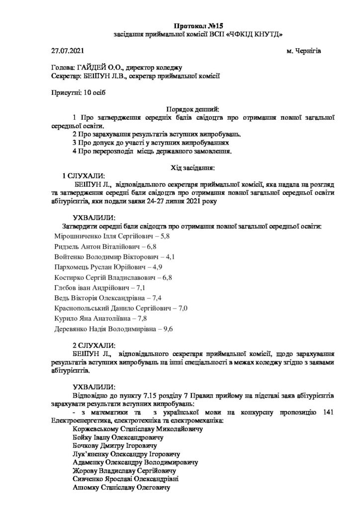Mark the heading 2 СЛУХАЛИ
point(94,344)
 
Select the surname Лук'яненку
point(91,454)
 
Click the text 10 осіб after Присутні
point(95,92)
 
